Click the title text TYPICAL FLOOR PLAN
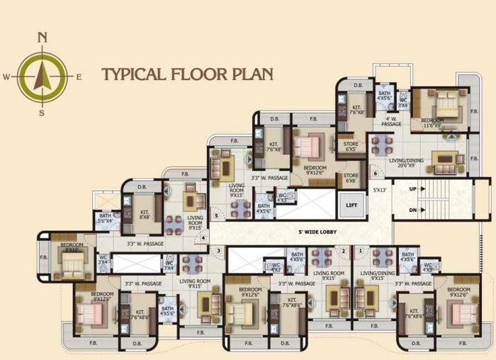(187, 73)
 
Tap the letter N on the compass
(43, 38)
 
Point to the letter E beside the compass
(79, 77)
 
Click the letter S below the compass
(42, 113)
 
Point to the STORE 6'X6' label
(351, 178)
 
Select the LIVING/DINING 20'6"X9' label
(406, 163)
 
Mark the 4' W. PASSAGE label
(392, 121)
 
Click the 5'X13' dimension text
(381, 191)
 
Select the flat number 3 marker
(219, 250)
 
